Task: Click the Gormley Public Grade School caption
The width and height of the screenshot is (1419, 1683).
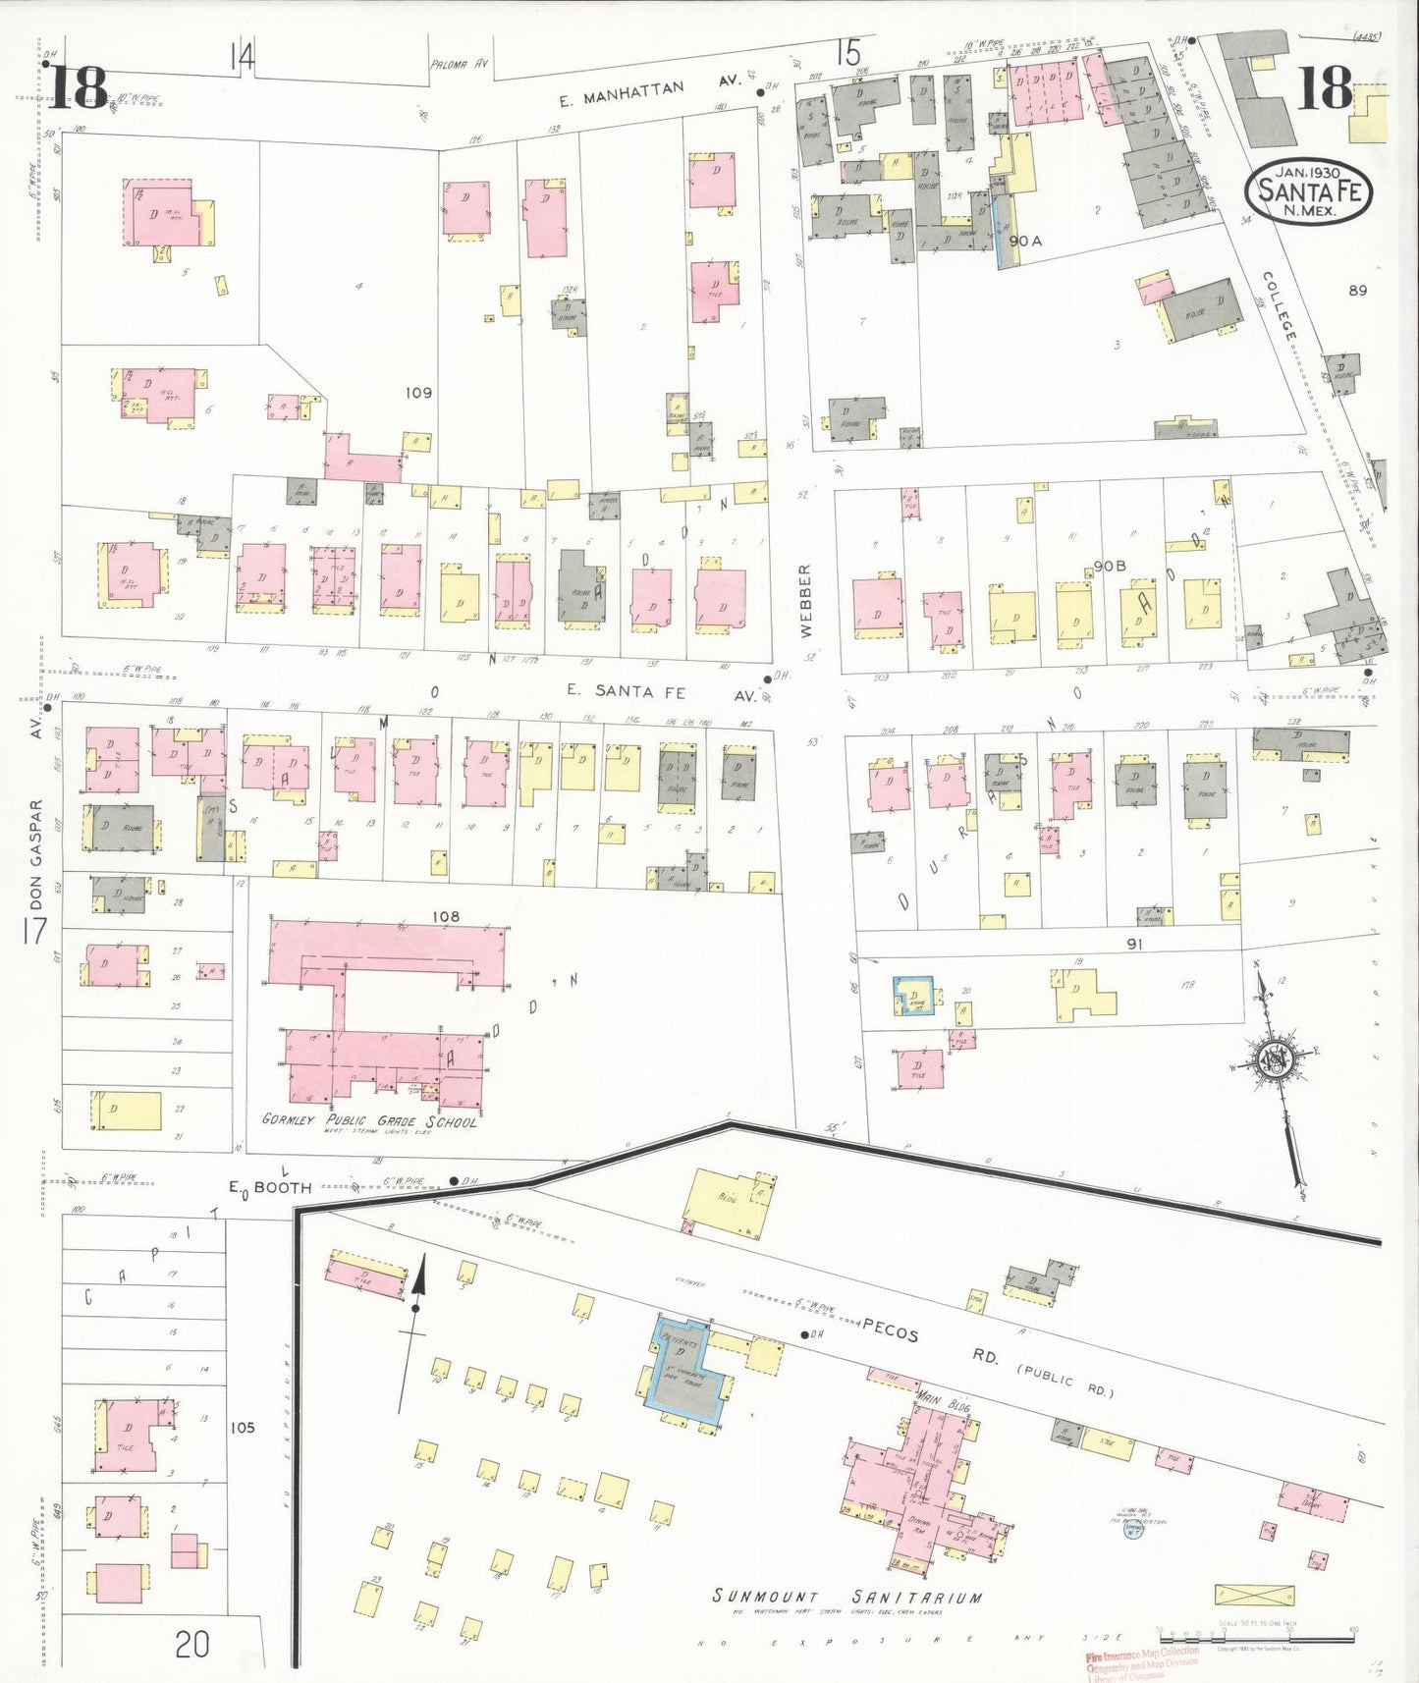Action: coord(369,1121)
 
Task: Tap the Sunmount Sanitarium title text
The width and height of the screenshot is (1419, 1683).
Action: coord(846,1598)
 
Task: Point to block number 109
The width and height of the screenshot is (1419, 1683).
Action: coord(418,393)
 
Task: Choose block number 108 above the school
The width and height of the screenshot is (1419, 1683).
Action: coord(445,916)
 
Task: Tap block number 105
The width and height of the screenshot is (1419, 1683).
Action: coord(242,1427)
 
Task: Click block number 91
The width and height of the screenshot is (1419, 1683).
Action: coord(1134,944)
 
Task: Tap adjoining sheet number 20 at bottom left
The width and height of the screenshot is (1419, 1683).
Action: coord(192,1644)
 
